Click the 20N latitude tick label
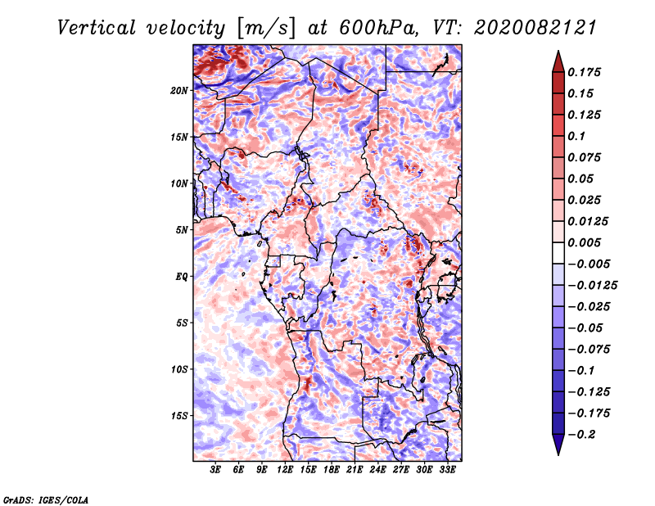pos(179,90)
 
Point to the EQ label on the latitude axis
pos(181,276)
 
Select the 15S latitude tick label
pos(179,415)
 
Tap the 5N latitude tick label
pos(182,229)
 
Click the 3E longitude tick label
pos(216,470)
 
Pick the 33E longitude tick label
pos(448,470)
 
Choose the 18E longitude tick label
pos(332,470)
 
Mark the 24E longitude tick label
pos(378,470)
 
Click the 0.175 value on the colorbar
pos(587,72)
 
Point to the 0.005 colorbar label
pos(587,242)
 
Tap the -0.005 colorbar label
pos(590,264)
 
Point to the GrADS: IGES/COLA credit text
pos(45,499)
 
